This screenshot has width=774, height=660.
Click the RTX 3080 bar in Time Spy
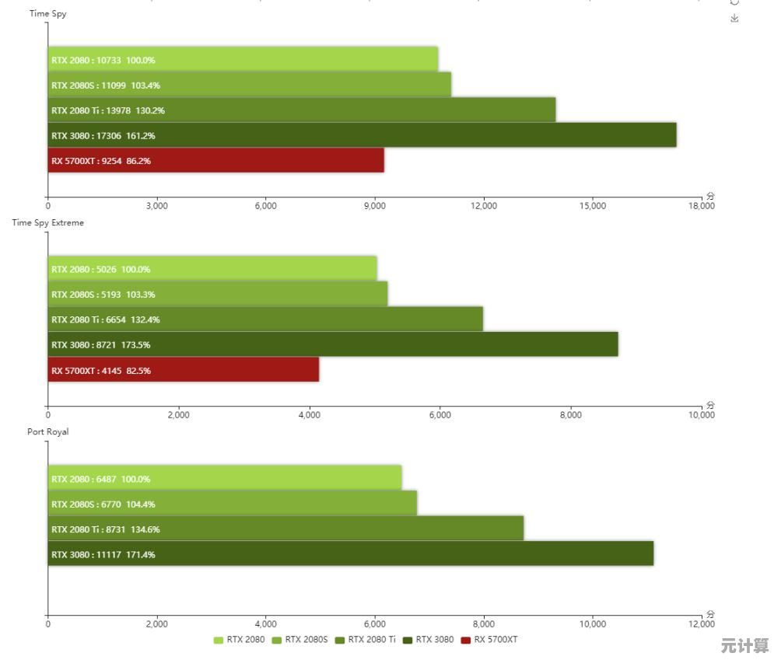coord(362,135)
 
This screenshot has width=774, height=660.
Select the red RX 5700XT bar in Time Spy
coord(215,161)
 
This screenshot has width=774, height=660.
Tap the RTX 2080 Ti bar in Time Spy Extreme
coord(265,320)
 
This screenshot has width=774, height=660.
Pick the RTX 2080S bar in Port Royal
coord(232,504)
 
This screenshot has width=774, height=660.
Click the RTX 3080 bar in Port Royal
coord(350,553)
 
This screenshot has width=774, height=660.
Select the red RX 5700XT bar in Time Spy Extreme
coord(184,370)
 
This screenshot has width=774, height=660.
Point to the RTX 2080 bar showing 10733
coord(243,60)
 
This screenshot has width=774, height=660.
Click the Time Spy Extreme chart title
coord(48,222)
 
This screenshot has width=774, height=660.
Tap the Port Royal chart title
coord(48,431)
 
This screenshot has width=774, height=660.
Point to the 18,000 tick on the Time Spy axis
coord(701,206)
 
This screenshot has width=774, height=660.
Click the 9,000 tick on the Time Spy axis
coord(375,206)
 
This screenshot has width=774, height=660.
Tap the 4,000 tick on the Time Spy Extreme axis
coord(309,415)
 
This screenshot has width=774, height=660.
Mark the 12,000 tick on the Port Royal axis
coord(701,623)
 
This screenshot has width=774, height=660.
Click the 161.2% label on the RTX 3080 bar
coord(141,136)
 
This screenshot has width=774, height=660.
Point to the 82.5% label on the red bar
coord(138,371)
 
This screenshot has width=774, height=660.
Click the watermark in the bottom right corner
coord(744,646)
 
